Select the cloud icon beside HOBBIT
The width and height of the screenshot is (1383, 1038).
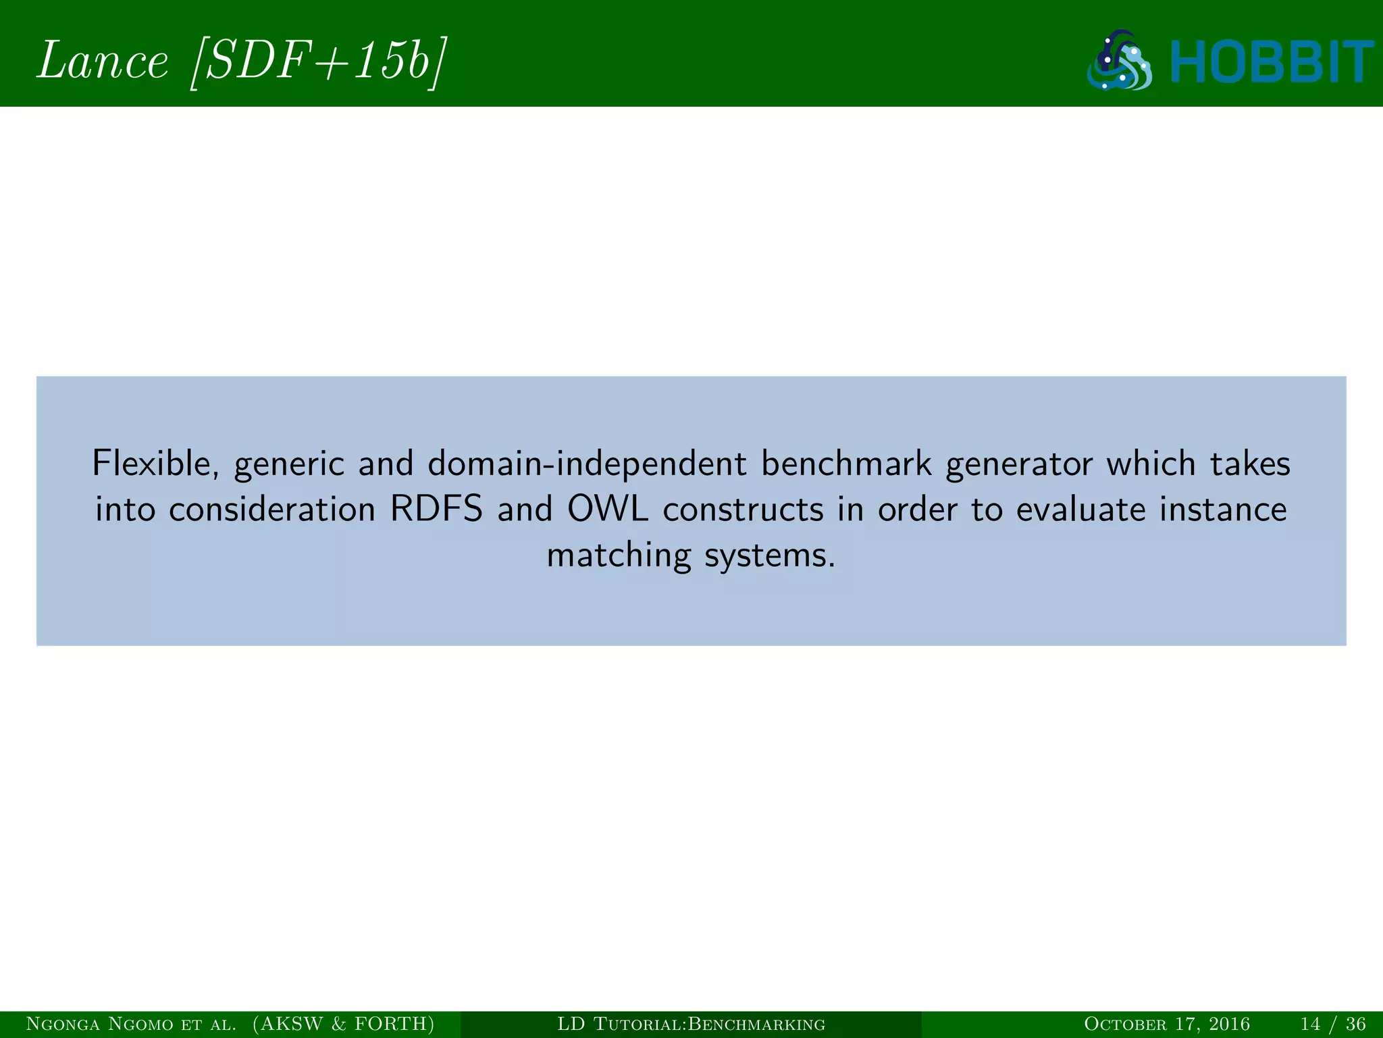(x=1120, y=61)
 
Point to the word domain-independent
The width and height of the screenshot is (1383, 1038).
(x=587, y=464)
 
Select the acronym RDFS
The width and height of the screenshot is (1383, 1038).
(x=437, y=510)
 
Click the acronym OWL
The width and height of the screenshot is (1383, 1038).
(x=607, y=510)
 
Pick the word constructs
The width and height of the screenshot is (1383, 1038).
(x=743, y=510)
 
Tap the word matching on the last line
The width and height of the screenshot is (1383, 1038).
(x=619, y=555)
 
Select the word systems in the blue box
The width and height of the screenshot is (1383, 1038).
(x=768, y=555)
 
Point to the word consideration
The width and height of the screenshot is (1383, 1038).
(x=271, y=510)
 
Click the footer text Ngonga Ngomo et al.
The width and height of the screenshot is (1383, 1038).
(x=131, y=1024)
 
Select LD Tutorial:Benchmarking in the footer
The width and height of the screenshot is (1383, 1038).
(x=691, y=1024)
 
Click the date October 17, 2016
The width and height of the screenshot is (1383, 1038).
(x=1166, y=1024)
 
